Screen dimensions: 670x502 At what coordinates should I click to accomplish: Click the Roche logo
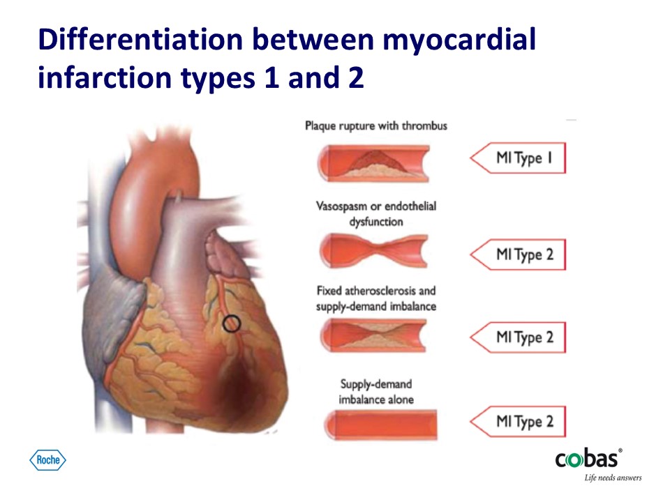coord(48,460)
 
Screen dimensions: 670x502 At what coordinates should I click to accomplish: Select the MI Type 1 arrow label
coord(518,158)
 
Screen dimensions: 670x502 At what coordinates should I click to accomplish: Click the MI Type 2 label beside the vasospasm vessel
coord(518,254)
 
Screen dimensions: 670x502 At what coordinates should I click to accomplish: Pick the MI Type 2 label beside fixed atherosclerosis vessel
coord(518,337)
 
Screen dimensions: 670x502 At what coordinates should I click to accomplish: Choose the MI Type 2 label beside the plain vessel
coord(518,421)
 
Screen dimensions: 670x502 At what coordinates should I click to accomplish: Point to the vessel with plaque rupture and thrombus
coord(373,163)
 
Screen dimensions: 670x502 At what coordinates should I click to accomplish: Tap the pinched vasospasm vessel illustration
coord(373,250)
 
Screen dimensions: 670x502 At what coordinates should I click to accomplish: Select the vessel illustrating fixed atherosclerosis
coord(373,336)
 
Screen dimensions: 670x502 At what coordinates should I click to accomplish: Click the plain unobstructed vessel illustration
coord(381,425)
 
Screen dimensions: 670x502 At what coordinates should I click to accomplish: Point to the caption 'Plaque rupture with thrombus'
coord(376,126)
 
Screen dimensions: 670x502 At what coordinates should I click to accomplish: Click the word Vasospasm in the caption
coord(341,206)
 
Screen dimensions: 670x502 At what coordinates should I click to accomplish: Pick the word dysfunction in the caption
coord(376,222)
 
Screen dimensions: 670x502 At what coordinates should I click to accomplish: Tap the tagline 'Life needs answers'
coord(613,478)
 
